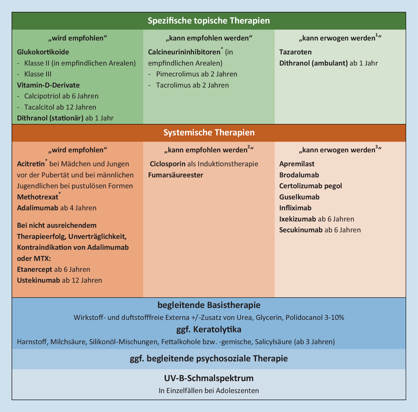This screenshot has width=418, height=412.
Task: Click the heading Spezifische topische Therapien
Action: point(209,21)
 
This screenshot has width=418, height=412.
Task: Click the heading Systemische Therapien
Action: point(209,133)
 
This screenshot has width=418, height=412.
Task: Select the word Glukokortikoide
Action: point(43,52)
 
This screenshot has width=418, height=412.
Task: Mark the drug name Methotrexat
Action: point(38,197)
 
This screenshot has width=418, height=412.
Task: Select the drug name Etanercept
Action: point(35,269)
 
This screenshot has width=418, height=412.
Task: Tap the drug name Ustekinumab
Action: point(38,280)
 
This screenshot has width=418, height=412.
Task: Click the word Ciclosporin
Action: point(168,164)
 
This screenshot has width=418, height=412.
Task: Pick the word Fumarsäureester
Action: point(176,175)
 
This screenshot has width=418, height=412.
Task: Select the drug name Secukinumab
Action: point(301,230)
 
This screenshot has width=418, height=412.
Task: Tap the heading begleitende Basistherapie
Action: point(209,305)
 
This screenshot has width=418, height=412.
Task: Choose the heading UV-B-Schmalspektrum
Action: point(209,378)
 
